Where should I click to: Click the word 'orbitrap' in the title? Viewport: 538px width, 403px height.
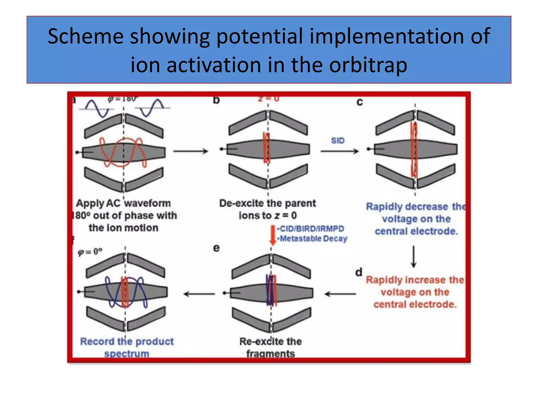(x=368, y=65)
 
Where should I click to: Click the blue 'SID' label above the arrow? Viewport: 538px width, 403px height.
(x=338, y=141)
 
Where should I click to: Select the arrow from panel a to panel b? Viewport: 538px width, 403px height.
(x=190, y=151)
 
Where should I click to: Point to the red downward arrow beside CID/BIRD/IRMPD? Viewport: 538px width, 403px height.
(x=273, y=235)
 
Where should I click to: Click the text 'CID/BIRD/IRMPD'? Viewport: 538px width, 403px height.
(x=312, y=229)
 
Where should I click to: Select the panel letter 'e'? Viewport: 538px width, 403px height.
(x=216, y=248)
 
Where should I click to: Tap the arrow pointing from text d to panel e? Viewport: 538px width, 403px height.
(x=340, y=294)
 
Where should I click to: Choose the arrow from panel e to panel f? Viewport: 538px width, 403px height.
(x=199, y=294)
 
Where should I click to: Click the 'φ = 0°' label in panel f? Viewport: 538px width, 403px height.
(x=90, y=252)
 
